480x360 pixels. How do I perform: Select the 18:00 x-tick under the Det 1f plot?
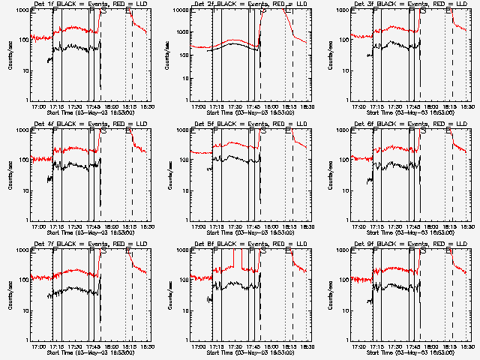(x=111, y=106)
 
